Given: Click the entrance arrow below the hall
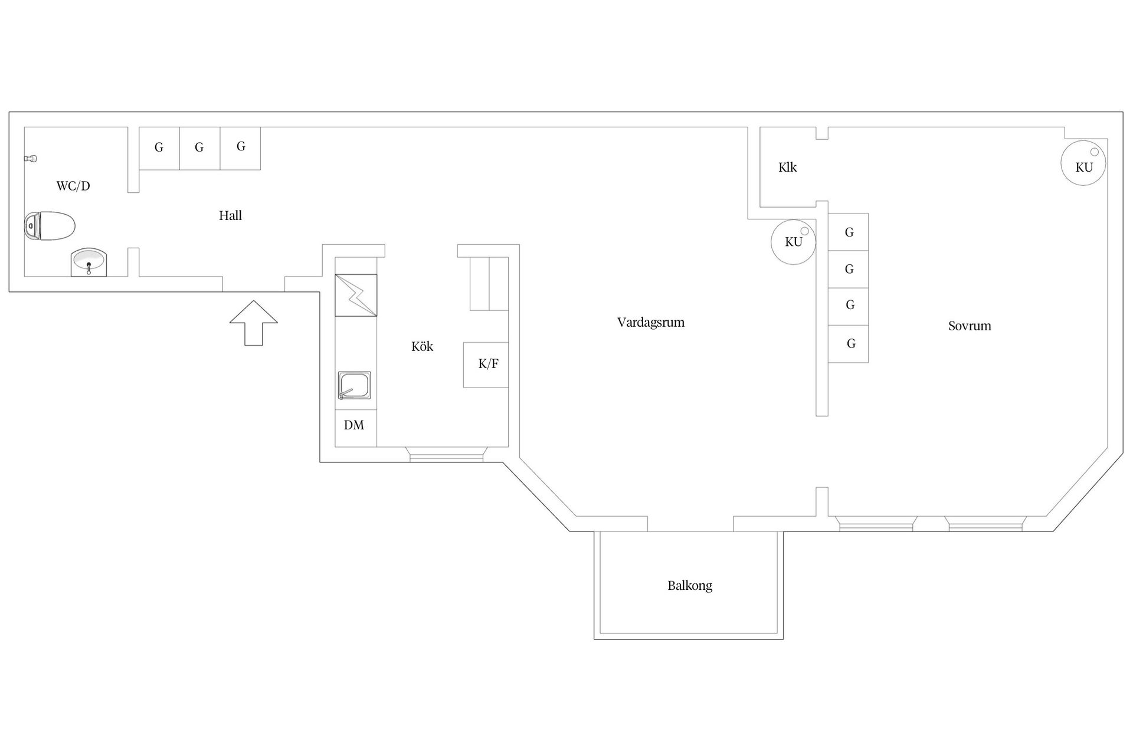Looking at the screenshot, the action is [254, 323].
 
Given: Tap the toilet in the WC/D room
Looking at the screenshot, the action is [50, 226].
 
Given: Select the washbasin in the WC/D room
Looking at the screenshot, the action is [89, 262].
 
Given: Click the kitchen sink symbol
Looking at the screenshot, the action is [354, 386].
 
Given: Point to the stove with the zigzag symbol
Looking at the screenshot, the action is [356, 296].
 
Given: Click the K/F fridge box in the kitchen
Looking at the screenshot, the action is [486, 365].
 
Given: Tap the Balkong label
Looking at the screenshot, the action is [690, 586].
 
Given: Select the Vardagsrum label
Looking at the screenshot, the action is [651, 322].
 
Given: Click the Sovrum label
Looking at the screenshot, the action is [970, 326].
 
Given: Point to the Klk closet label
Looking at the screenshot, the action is [787, 168].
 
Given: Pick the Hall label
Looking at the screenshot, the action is [230, 215].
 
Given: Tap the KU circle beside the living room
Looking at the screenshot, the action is [794, 242].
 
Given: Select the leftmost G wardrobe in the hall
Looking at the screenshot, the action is [159, 149].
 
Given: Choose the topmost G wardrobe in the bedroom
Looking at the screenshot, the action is [848, 232].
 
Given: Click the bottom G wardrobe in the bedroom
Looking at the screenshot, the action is [848, 344].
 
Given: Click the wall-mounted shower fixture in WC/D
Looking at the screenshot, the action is [31, 159].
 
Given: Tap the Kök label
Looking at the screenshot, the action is [422, 346].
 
